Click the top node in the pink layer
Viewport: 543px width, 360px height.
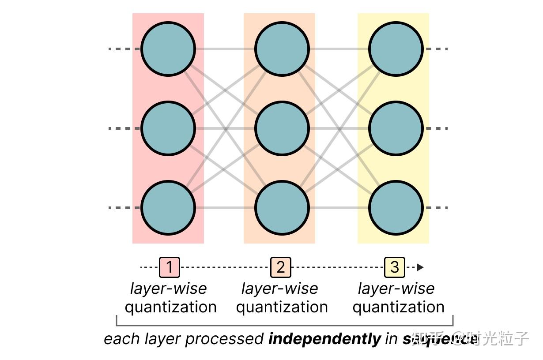click(168, 49)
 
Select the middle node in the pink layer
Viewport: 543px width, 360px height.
click(168, 128)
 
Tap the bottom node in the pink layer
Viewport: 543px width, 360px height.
click(168, 208)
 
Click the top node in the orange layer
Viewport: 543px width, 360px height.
click(282, 49)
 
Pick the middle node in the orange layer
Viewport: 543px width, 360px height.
click(282, 128)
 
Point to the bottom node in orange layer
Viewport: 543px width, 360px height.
click(282, 208)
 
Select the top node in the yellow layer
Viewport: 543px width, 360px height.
click(396, 49)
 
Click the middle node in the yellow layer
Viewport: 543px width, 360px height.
click(396, 128)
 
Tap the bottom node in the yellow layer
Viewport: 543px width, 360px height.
click(396, 208)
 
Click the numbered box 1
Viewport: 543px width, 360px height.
click(170, 267)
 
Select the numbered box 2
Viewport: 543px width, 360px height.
click(281, 267)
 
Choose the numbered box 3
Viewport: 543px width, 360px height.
click(395, 267)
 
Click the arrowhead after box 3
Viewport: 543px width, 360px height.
click(420, 267)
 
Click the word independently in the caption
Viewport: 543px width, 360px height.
click(324, 339)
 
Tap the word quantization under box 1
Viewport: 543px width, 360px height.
click(170, 307)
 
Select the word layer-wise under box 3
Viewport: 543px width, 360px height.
click(396, 289)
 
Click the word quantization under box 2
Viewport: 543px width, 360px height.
click(282, 307)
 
